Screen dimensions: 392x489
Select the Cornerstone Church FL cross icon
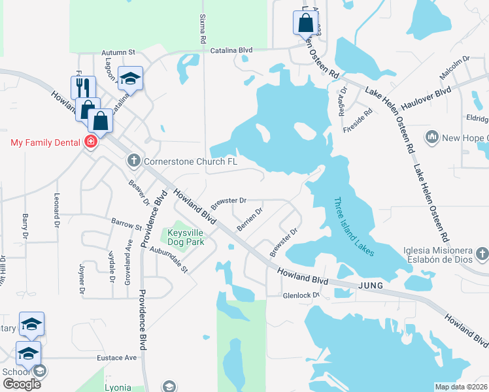click(x=133, y=161)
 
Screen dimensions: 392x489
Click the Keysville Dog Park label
click(x=186, y=237)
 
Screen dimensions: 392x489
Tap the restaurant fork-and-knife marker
click(x=84, y=88)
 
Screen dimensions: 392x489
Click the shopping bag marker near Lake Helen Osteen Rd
click(x=305, y=23)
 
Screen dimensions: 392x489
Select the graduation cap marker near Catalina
click(x=131, y=80)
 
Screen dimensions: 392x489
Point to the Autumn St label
click(x=118, y=52)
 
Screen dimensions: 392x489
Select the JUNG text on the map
click(x=372, y=286)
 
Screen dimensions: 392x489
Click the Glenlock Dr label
click(x=301, y=295)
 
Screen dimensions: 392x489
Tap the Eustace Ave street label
click(x=117, y=357)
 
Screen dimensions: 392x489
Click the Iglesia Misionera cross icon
click(x=482, y=253)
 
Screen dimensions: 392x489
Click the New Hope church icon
click(x=431, y=137)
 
